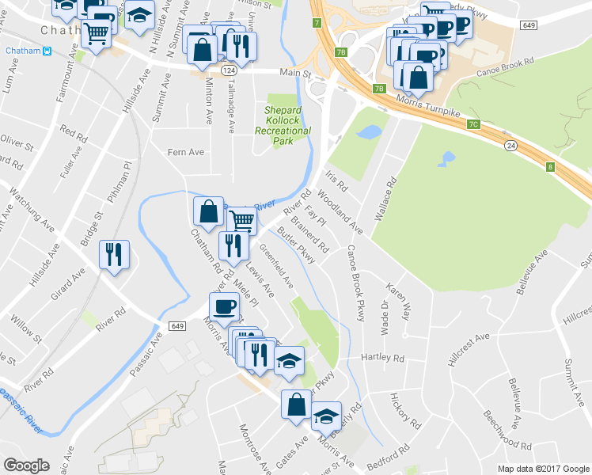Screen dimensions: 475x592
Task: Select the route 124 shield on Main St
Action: click(229, 71)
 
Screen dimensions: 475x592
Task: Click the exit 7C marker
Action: click(473, 124)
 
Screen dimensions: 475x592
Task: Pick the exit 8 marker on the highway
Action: click(549, 166)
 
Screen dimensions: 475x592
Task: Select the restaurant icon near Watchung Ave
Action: click(114, 253)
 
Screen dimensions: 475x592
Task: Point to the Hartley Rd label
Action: click(382, 358)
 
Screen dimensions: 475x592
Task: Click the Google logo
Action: click(27, 465)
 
